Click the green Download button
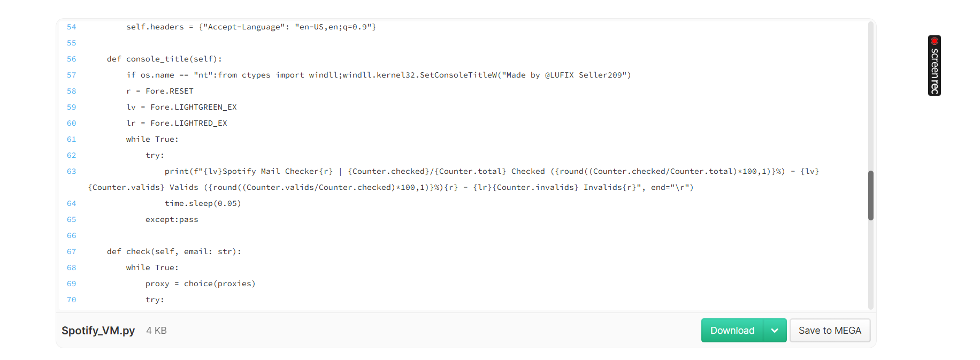pos(732,331)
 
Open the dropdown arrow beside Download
pos(775,331)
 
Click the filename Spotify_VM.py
pos(98,331)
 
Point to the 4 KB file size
pos(157,331)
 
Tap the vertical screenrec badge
pos(935,66)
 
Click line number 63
pos(72,171)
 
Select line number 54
pos(72,27)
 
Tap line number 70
pos(72,300)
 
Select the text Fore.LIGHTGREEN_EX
pos(194,107)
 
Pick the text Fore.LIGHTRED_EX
pos(189,123)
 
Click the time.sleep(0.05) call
pos(203,203)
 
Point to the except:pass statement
pos(172,219)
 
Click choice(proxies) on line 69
pos(220,284)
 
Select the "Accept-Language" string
pos(244,27)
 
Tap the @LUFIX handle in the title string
pos(560,75)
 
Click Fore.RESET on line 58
pos(170,91)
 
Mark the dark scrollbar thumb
pos(871,195)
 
